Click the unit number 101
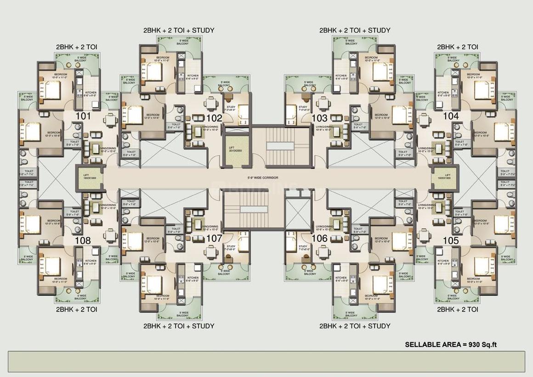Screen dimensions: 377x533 [x=83, y=116]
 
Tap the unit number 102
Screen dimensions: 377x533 [x=214, y=118]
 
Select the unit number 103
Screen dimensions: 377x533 [x=319, y=118]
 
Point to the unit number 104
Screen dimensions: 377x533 [x=451, y=116]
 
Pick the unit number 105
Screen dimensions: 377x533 [x=451, y=240]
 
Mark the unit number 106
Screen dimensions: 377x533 [x=319, y=238]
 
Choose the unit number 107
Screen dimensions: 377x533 [x=214, y=238]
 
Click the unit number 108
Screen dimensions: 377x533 [x=83, y=240]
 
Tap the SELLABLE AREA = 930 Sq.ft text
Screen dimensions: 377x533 [x=451, y=344]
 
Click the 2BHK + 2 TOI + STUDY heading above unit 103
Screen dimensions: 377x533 [x=355, y=30]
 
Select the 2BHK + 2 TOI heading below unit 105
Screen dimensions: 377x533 [x=457, y=309]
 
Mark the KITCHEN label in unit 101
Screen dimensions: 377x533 [x=91, y=94]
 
